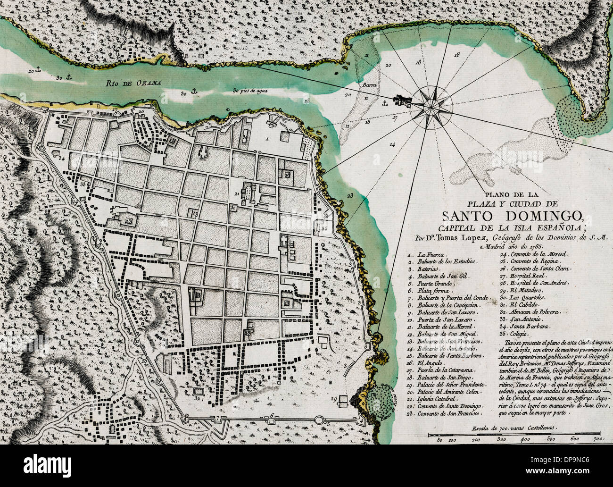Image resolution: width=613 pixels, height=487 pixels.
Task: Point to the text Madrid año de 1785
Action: [x=513, y=245]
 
